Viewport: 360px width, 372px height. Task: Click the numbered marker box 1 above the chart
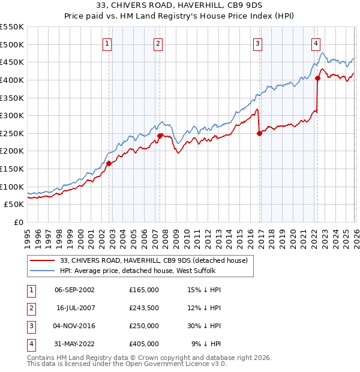[x=107, y=43]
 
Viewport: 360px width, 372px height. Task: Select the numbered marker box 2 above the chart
[x=158, y=43]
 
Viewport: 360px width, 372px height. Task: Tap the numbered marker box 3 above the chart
[x=257, y=43]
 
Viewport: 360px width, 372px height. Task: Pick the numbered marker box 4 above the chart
[x=316, y=43]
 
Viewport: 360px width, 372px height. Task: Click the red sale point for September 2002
[x=109, y=163]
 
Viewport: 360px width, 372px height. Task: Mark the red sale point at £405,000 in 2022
[x=317, y=78]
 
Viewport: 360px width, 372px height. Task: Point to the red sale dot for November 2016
[x=259, y=133]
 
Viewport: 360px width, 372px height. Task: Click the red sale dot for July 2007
[x=160, y=136]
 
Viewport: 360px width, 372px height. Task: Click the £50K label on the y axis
[x=14, y=205]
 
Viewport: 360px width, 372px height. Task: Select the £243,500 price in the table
[x=144, y=308]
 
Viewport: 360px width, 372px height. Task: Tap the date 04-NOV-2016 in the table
[x=74, y=326]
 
